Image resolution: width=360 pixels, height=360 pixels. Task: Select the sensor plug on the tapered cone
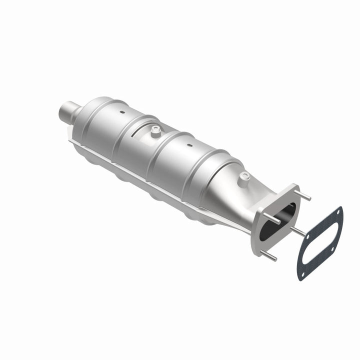coord(243,176)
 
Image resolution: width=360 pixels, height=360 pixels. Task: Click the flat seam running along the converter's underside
coord(150,170)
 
